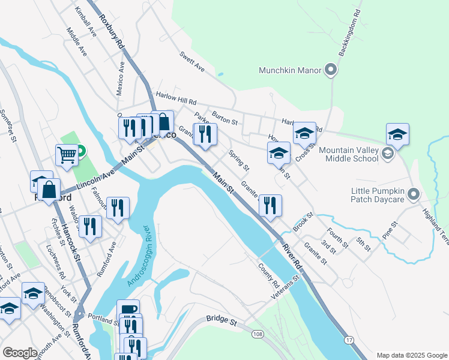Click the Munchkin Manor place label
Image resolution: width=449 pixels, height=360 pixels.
coord(291,70)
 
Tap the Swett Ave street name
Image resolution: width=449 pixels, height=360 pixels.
coord(192,62)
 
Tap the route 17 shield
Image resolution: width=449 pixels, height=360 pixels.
coord(348,340)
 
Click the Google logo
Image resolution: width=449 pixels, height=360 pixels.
coord(20,353)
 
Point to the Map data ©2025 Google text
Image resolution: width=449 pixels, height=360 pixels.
coord(411,355)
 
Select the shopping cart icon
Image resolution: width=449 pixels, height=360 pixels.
coord(67,155)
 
